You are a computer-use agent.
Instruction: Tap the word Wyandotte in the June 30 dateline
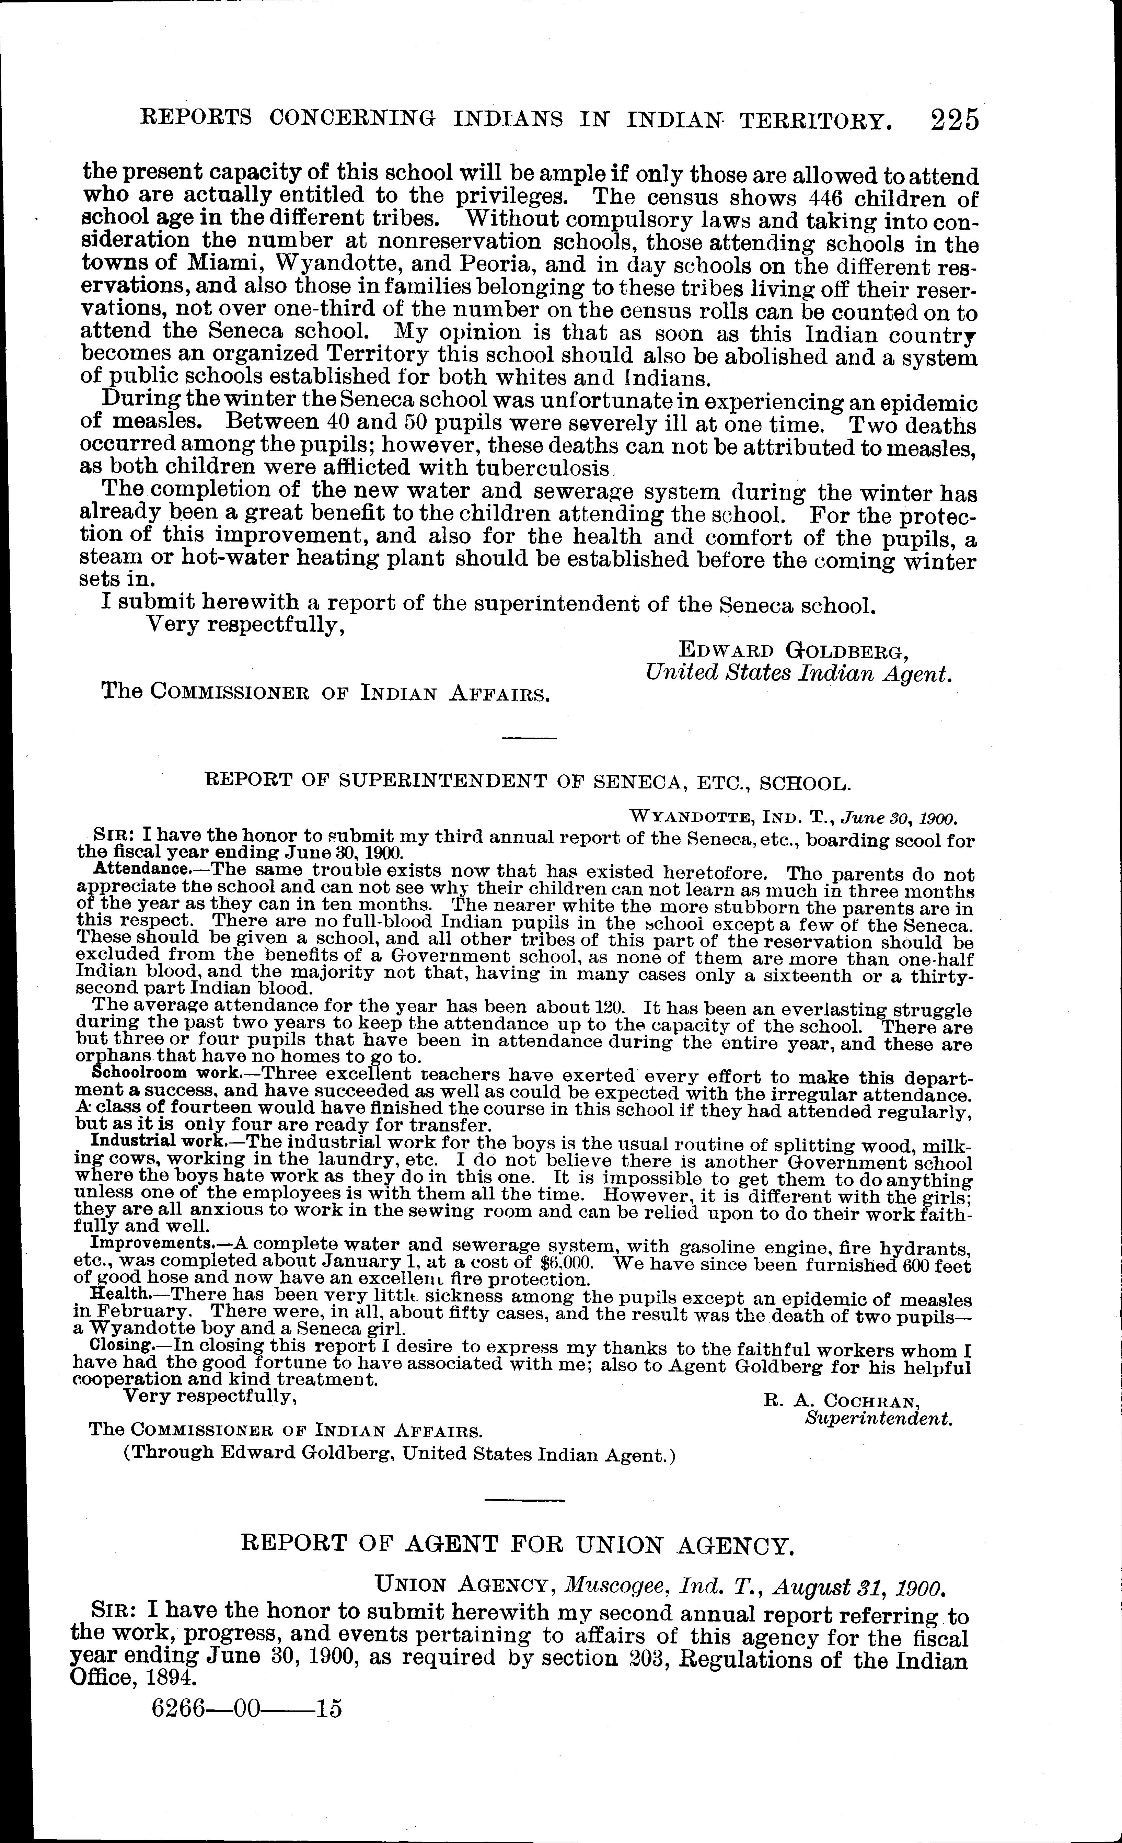pyautogui.click(x=686, y=816)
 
